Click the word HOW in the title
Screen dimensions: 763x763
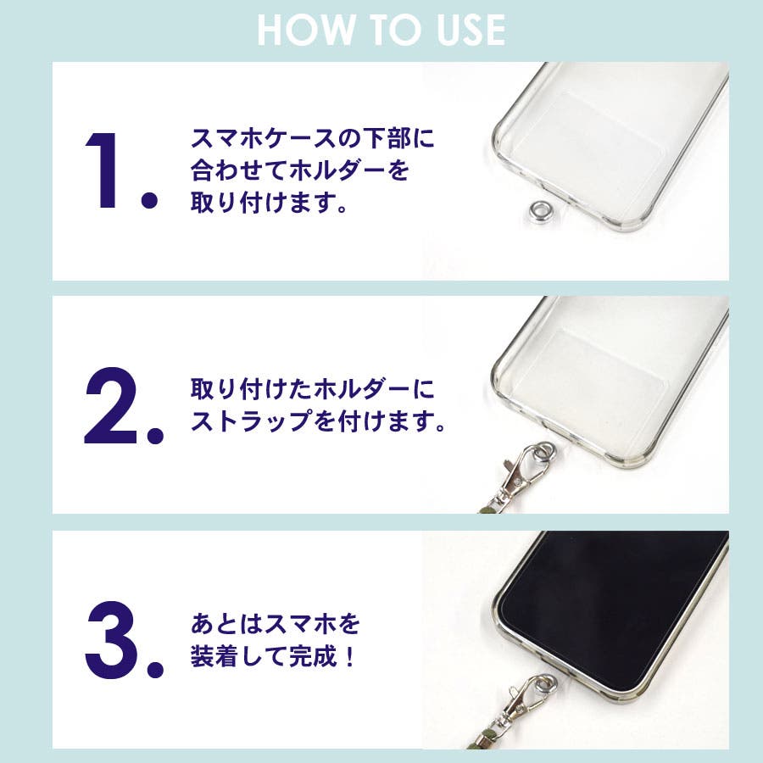coord(306,31)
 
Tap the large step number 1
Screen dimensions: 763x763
coord(103,170)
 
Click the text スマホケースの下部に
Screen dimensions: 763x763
coord(312,139)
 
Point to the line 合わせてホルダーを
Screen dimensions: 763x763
coord(300,170)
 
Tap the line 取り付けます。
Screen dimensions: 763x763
coord(269,203)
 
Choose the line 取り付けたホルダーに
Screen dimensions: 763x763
coord(312,389)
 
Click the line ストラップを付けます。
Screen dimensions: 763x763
coord(319,420)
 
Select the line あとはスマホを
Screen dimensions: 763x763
coord(276,624)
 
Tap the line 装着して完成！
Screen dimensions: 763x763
coord(274,656)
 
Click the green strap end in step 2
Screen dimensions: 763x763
coord(489,508)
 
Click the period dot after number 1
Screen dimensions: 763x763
coord(149,200)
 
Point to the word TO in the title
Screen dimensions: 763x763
coord(395,31)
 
